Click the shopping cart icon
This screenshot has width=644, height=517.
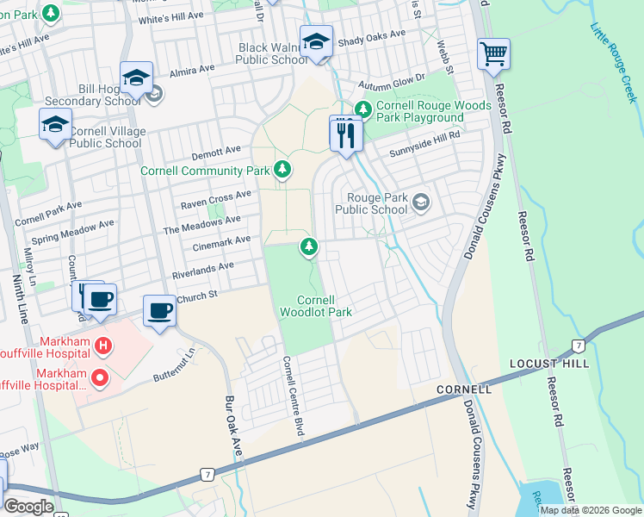[x=494, y=53]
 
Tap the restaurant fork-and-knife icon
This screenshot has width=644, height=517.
[x=345, y=133]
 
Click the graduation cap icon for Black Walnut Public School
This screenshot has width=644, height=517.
[x=317, y=41]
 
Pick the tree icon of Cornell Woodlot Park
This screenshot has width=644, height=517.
[x=308, y=248]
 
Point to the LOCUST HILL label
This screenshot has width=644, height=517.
[x=545, y=364]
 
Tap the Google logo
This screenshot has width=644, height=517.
[x=28, y=507]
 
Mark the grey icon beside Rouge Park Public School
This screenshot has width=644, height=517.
[x=420, y=203]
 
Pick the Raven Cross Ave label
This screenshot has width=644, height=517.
[x=215, y=200]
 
